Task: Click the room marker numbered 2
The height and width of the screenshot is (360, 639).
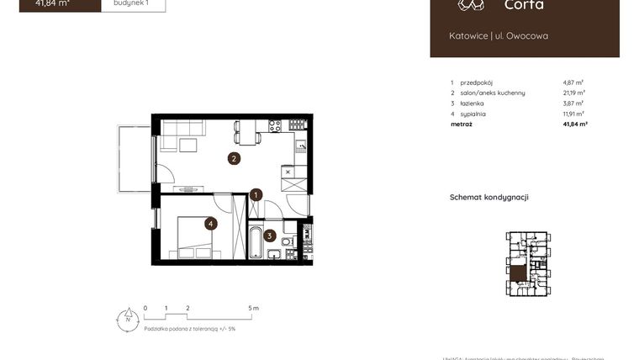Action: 235,157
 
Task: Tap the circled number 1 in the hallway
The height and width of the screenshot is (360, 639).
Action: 256,195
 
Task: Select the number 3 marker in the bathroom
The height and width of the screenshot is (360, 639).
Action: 270,236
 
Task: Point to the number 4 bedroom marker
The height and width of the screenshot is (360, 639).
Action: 210,224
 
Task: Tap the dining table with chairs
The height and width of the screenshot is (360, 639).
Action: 247,132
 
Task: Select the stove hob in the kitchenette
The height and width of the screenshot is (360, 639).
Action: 274,126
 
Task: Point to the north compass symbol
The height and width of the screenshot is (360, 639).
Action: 127,319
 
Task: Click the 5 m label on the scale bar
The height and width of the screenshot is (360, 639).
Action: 255,308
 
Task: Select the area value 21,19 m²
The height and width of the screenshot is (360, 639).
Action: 574,93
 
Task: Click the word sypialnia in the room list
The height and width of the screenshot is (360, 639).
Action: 473,114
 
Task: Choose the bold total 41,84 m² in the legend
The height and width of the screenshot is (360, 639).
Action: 575,124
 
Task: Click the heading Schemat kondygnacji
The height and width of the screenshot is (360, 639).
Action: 489,198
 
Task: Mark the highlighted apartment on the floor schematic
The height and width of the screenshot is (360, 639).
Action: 519,273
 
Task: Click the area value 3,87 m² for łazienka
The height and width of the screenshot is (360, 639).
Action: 573,103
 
